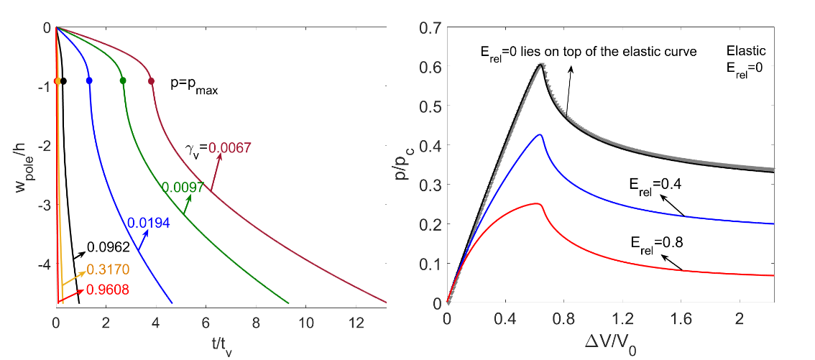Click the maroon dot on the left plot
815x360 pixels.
pos(151,81)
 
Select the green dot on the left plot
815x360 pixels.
pos(123,81)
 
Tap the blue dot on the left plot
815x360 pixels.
pos(89,81)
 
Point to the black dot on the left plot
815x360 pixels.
pos(63,81)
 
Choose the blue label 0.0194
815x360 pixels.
pos(148,223)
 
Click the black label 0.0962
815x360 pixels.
pos(108,247)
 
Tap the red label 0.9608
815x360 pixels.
pos(108,290)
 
